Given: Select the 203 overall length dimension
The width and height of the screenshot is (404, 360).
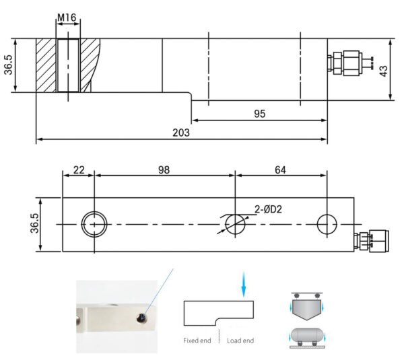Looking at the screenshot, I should [180, 133].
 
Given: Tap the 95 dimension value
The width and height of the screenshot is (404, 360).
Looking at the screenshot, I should [259, 114].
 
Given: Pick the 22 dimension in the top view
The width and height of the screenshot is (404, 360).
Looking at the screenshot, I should [78, 170].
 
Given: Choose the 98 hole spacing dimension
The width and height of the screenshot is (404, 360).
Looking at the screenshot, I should [164, 170].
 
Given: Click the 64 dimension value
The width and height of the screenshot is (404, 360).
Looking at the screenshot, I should [281, 170].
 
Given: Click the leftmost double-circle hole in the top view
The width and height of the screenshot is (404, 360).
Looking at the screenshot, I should [94, 223].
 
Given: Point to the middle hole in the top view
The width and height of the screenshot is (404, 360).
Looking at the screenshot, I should [234, 223].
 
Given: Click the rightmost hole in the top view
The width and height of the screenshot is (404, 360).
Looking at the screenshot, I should [327, 223].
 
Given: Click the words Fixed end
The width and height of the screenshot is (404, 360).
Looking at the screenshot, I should [197, 341].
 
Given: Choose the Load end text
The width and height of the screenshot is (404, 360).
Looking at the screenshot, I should [239, 341].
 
